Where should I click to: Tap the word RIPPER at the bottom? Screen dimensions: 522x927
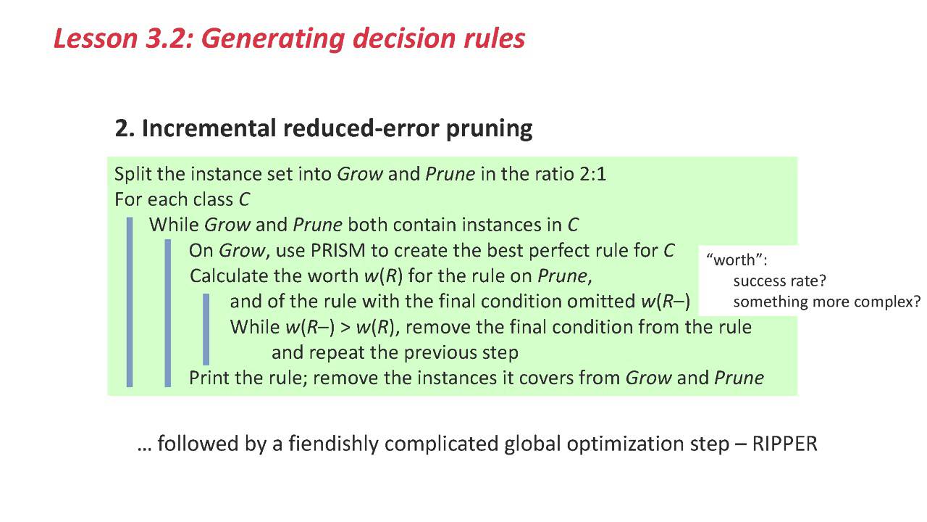785,444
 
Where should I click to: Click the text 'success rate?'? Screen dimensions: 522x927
779,281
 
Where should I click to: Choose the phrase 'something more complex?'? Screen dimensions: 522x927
827,301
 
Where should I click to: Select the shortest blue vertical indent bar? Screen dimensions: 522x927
206,328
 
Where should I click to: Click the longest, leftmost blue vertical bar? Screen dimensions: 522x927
130,302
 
